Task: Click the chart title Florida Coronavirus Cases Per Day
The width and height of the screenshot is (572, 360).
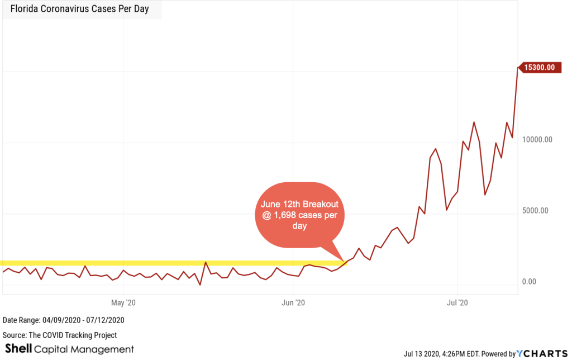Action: (x=79, y=10)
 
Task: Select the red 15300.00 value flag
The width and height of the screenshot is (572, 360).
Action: (x=538, y=67)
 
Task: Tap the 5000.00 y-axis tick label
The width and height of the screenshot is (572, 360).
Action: (x=537, y=210)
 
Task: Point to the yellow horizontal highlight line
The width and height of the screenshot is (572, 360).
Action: (x=168, y=263)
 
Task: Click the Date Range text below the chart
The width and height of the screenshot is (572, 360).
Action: (x=63, y=320)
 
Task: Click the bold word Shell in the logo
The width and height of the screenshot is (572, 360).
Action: (x=18, y=349)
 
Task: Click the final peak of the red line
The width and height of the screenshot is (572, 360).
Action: (x=517, y=68)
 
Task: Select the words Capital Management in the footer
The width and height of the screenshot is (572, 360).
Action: (x=84, y=349)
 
